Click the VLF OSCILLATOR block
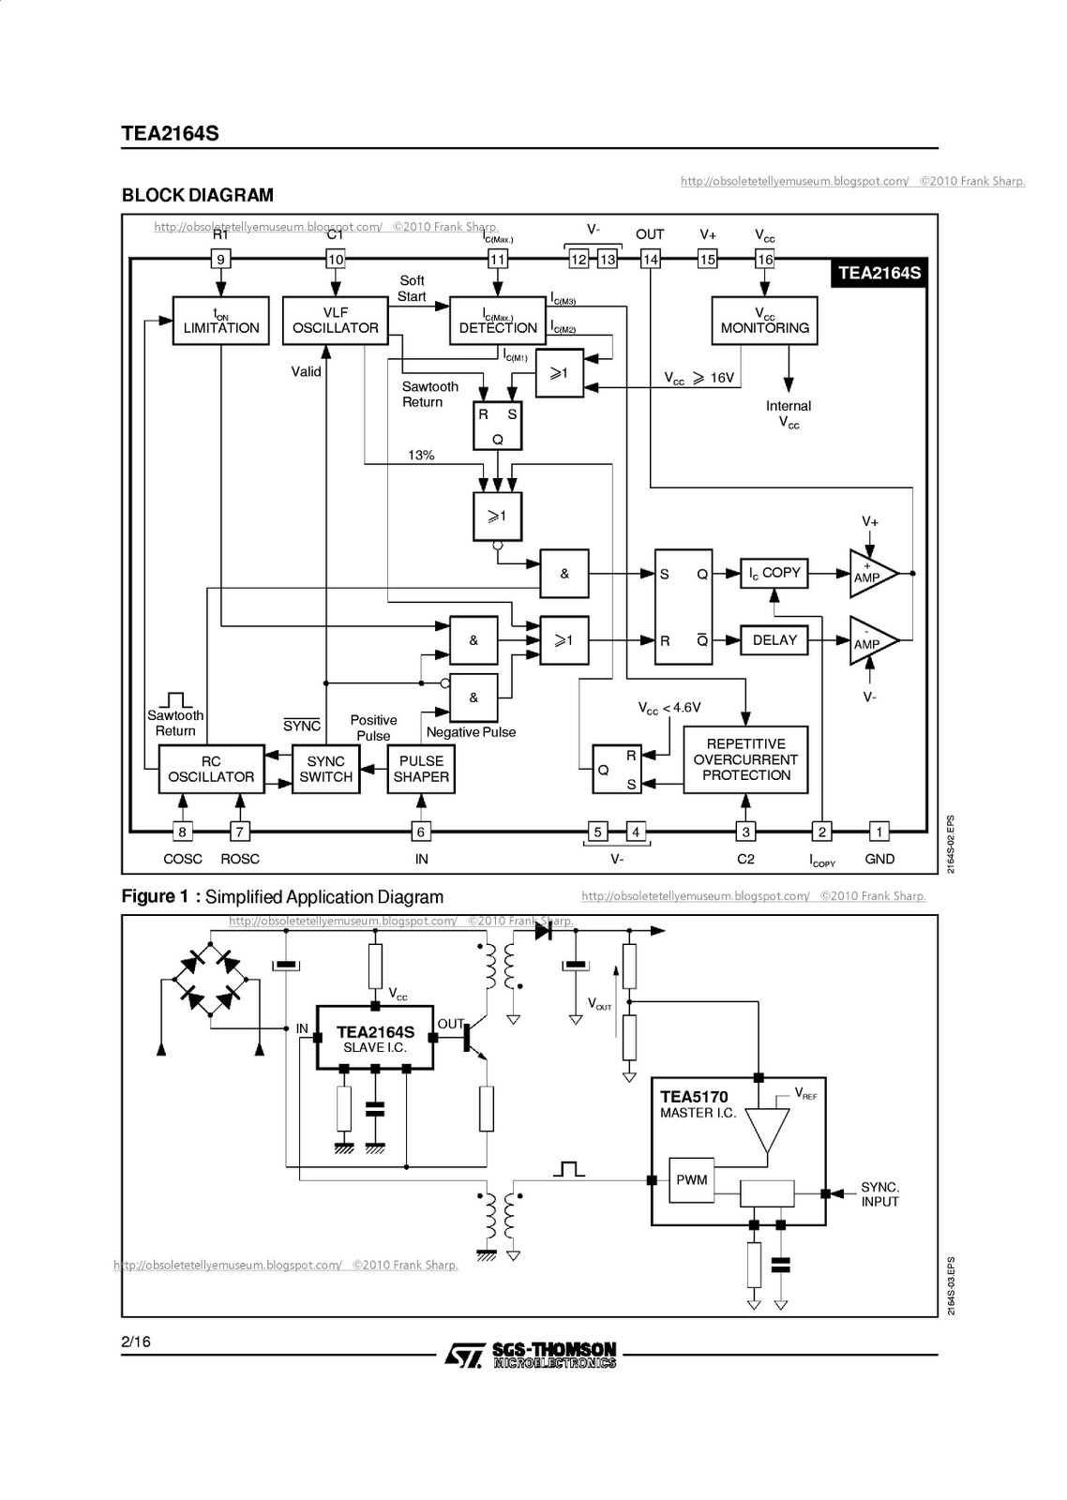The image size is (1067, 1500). click(x=335, y=321)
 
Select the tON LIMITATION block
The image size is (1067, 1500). click(x=221, y=321)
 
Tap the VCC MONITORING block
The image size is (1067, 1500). click(x=764, y=321)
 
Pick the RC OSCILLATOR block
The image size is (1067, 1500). click(x=211, y=769)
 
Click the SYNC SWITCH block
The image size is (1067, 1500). click(x=325, y=769)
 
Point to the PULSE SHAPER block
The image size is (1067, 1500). click(x=421, y=769)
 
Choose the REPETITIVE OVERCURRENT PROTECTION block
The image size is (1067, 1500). click(x=745, y=759)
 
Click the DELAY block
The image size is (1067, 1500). click(x=774, y=640)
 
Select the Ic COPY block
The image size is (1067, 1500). click(x=774, y=573)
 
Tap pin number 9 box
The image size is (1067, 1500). click(x=221, y=259)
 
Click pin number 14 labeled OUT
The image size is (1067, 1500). click(x=651, y=259)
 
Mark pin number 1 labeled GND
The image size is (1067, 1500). click(x=879, y=832)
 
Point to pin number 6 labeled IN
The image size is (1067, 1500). click(x=421, y=832)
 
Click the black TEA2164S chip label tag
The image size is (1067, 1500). click(x=879, y=273)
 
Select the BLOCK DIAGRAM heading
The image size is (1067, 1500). click(x=198, y=195)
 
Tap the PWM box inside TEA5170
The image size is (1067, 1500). click(x=692, y=1179)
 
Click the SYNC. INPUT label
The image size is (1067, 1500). click(x=879, y=1194)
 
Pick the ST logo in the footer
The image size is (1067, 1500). click(x=464, y=1356)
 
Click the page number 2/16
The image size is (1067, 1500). click(x=136, y=1342)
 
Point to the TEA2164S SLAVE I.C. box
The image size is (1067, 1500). click(x=375, y=1038)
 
